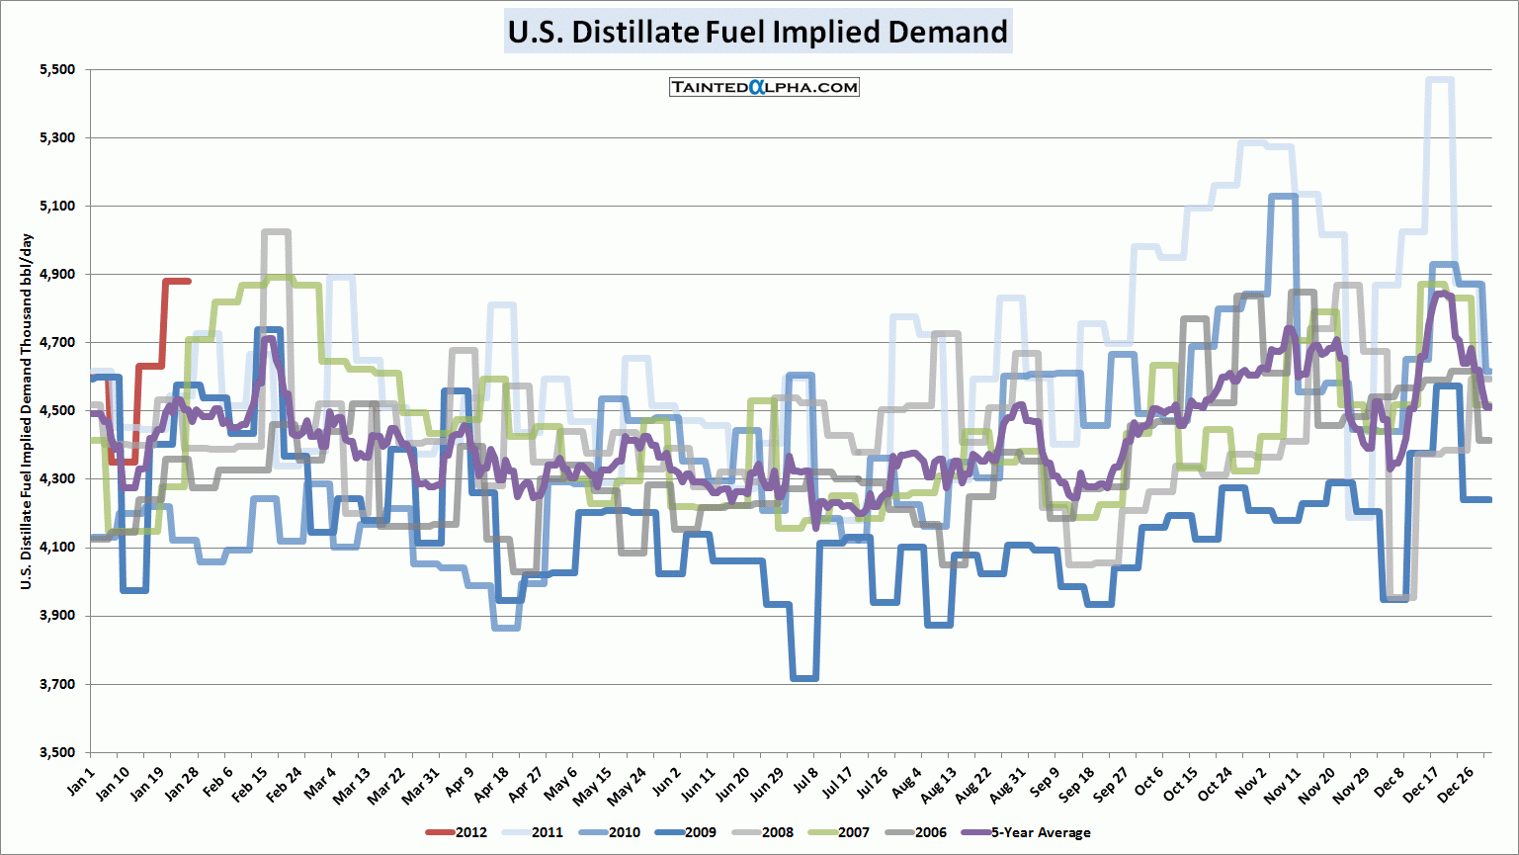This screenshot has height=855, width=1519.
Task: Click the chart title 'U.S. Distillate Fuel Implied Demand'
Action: [x=758, y=32]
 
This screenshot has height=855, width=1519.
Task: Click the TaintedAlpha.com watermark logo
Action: [x=764, y=87]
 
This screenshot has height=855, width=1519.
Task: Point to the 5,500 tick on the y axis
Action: [x=57, y=69]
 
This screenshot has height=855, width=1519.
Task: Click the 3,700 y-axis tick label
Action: [x=57, y=684]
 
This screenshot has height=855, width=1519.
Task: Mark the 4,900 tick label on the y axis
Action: [x=57, y=274]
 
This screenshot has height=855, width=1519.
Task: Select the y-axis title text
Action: [x=27, y=412]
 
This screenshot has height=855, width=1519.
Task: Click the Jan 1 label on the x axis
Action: [x=82, y=780]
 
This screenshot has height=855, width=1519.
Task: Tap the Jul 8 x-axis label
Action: [x=805, y=780]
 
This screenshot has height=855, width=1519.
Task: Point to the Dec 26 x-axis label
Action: [x=1456, y=784]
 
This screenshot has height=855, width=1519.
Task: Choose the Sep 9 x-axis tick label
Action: [x=1045, y=782]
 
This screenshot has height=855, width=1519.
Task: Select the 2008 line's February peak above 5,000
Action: [x=276, y=232]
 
